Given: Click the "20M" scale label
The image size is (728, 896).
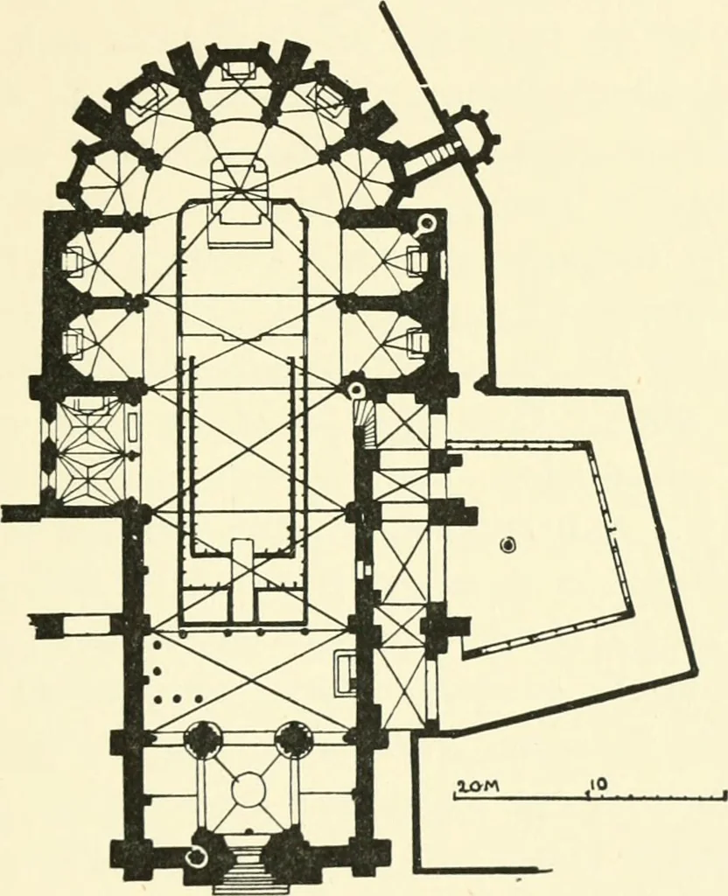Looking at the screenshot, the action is click(x=477, y=787).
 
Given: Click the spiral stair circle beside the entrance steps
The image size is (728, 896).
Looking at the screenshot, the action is click(x=196, y=857).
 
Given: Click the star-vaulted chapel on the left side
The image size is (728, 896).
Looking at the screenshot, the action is click(x=91, y=445).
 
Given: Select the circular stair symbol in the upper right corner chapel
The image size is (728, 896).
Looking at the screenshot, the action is click(x=426, y=224).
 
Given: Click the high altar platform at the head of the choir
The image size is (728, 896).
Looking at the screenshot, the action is click(x=240, y=204).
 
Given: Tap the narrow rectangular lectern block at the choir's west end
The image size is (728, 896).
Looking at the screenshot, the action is click(x=242, y=581).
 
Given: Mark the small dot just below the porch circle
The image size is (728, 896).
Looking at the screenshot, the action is click(x=249, y=829).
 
